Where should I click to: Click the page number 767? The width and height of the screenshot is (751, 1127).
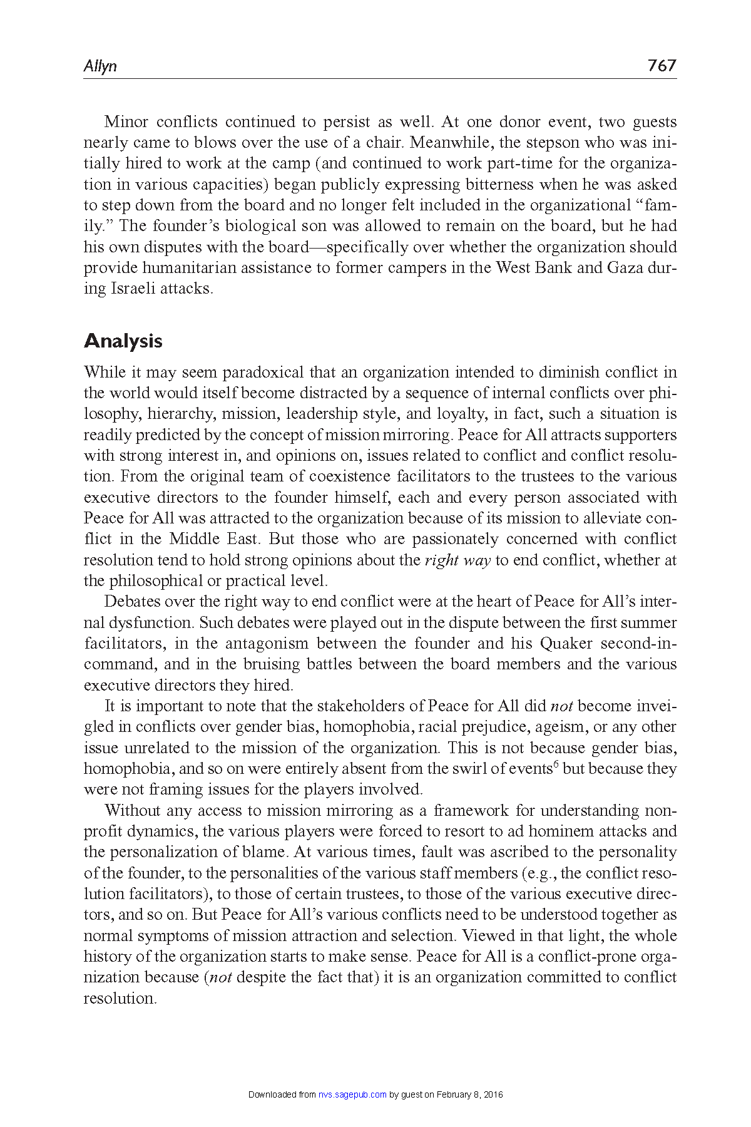662,65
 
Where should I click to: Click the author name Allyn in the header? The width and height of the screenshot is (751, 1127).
100,66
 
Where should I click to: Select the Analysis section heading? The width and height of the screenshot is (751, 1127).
123,341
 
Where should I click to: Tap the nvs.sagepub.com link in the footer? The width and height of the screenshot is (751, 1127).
352,1094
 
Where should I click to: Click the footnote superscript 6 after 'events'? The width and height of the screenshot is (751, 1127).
556,764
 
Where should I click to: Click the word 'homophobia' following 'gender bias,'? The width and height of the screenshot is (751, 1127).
367,727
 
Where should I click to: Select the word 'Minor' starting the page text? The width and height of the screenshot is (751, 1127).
126,121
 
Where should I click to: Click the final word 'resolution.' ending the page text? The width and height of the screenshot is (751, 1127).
120,999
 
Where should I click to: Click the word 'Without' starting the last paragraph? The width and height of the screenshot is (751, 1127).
132,811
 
